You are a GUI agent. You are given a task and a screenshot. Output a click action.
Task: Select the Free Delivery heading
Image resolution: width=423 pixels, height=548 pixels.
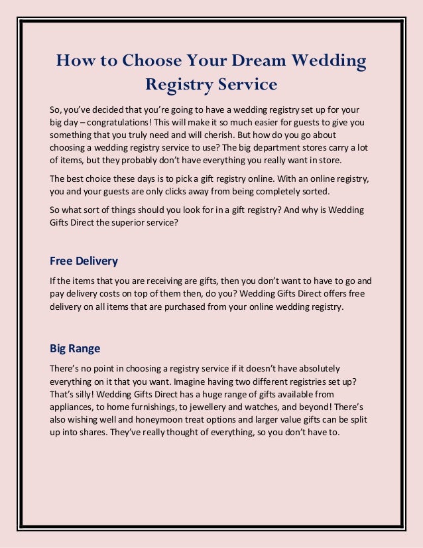pos(84,260)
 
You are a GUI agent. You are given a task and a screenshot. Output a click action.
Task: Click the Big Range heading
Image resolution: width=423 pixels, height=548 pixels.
pos(75,348)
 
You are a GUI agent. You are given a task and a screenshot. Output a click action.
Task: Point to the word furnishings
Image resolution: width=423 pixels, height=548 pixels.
pos(158,407)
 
